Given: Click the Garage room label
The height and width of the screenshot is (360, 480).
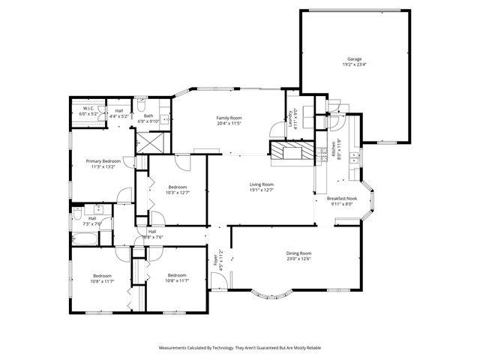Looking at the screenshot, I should tap(354, 58).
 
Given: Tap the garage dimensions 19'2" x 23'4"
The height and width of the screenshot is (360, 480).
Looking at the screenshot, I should tap(354, 64).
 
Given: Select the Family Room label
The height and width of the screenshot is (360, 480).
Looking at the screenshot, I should tap(229, 118).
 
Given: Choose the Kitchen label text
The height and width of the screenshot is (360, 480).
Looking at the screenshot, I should tap(324, 151).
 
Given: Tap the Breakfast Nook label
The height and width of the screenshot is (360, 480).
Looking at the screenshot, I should tap(341, 198).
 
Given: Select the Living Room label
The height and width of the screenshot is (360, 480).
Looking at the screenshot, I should tap(262, 184).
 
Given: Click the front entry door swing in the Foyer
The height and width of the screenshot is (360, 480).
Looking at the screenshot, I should tap(218, 283).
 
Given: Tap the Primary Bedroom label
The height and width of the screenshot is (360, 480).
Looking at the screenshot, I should tap(103, 161).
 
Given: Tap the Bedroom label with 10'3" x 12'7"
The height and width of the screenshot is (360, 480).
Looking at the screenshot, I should tap(177, 187).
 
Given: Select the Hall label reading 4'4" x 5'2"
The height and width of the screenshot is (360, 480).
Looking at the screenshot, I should tap(119, 111).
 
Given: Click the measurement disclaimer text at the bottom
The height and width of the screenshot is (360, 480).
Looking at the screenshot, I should tap(239, 348).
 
